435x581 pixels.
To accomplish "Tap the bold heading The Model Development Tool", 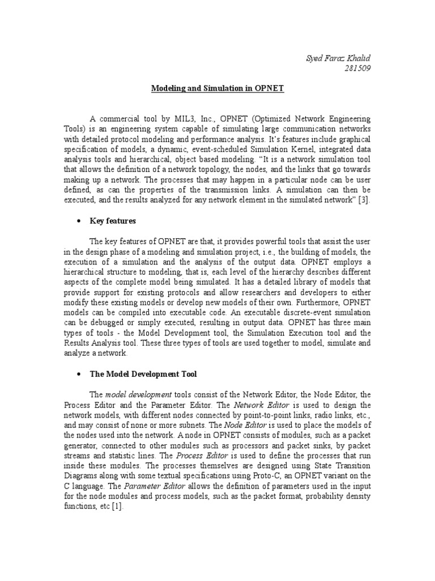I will pos(143,374).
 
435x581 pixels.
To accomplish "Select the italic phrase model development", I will pos(139,394).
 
